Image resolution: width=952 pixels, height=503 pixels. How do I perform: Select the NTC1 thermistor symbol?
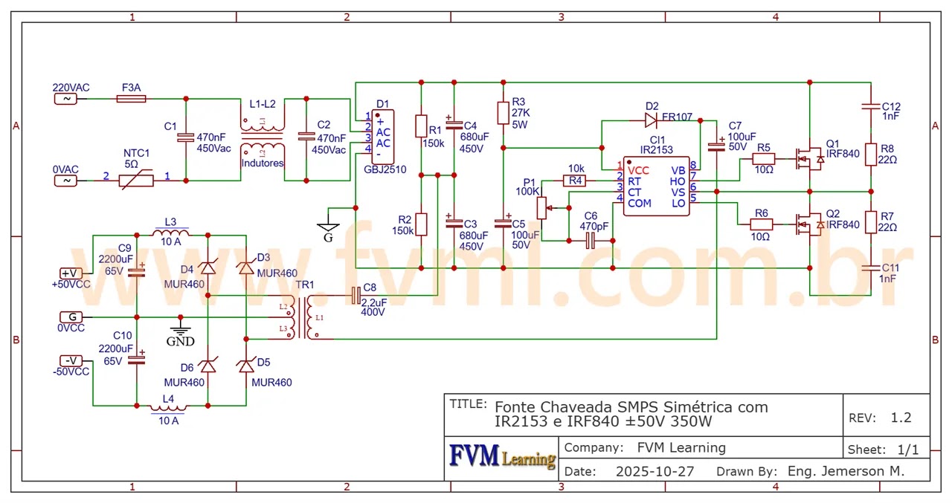136,180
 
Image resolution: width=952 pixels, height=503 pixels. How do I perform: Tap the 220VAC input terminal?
65,98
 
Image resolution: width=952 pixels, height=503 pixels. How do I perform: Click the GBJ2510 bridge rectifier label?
385,169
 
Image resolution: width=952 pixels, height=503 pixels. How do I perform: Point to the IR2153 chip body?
656,186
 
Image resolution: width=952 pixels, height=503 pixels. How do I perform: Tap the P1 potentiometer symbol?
541,209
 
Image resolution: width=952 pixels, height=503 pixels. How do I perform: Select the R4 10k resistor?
575,180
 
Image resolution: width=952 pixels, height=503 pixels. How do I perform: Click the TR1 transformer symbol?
301,317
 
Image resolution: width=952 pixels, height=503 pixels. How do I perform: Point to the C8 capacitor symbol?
355,296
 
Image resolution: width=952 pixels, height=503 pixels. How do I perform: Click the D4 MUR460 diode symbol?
208,268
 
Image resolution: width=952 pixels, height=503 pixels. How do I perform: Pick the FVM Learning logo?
502,457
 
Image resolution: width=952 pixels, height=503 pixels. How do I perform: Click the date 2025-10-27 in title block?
654,471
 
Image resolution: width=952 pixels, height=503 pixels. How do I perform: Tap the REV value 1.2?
900,418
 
